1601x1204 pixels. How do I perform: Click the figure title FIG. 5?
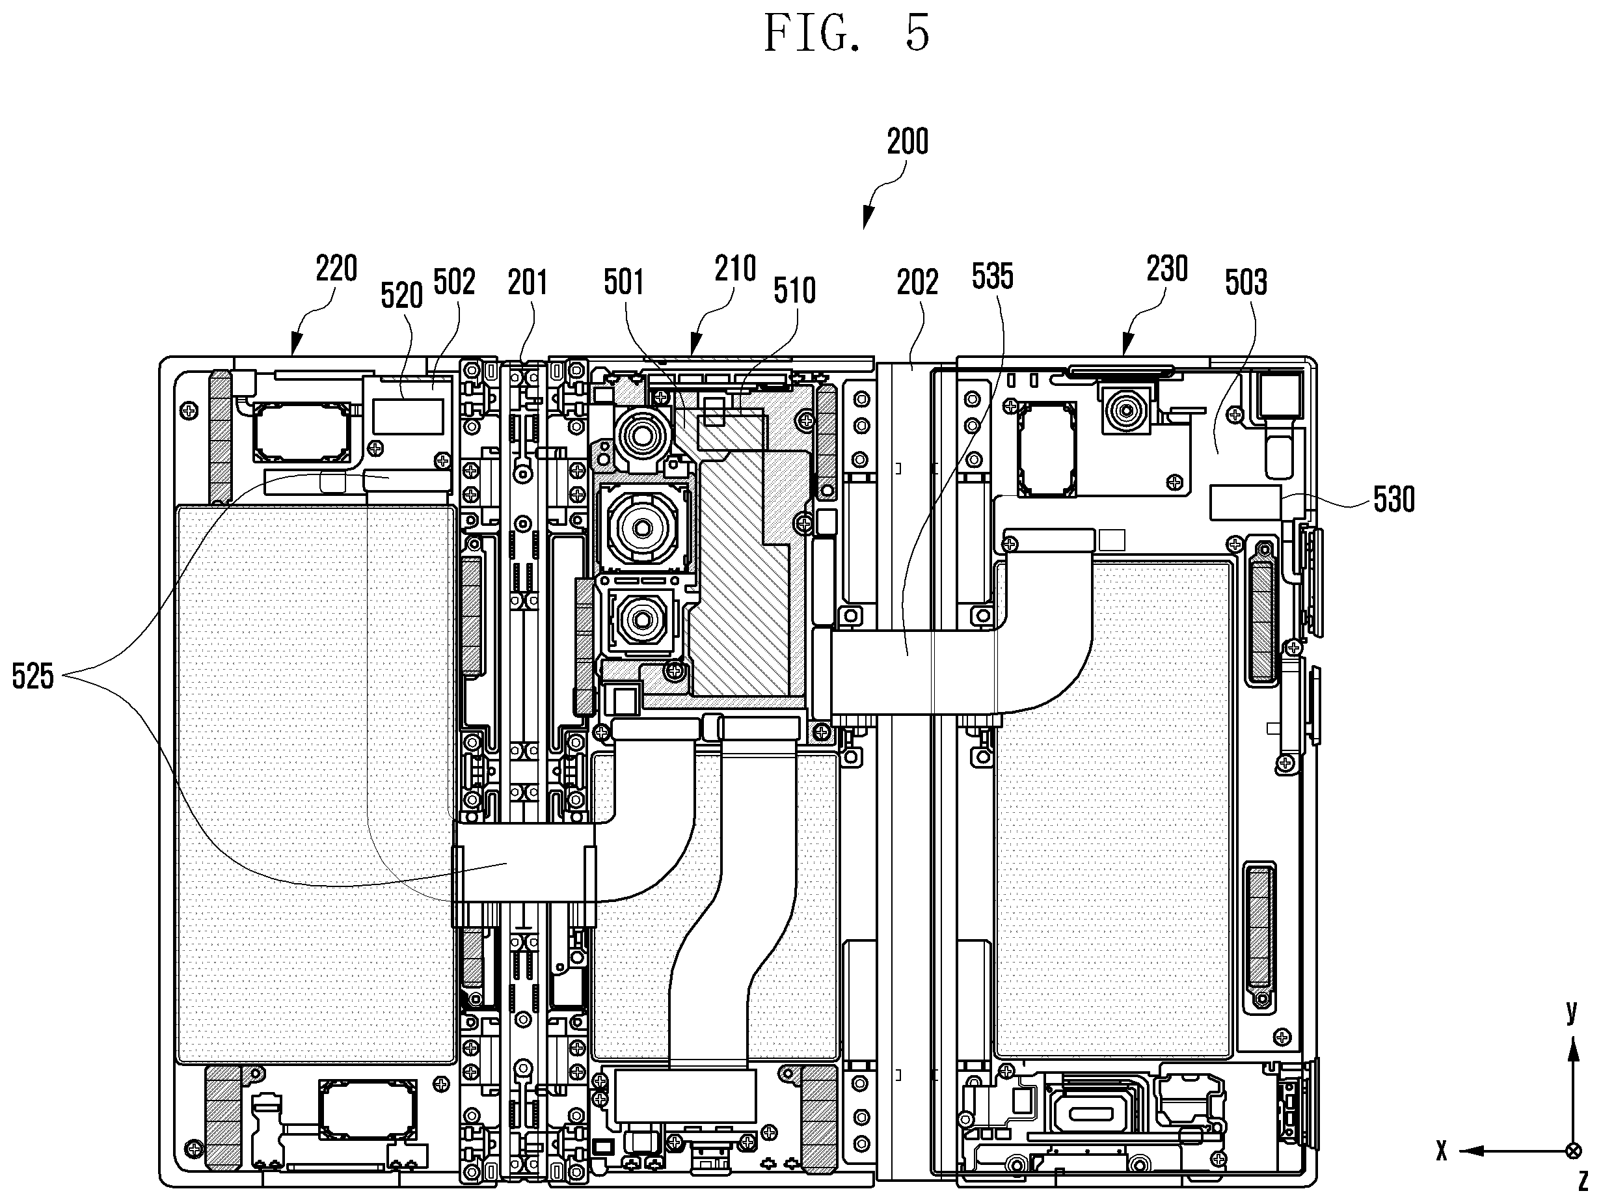pyautogui.click(x=847, y=33)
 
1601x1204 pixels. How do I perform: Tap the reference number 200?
pyautogui.click(x=908, y=142)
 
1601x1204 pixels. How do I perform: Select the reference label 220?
pyautogui.click(x=336, y=269)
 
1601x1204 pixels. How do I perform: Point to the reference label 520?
pyautogui.click(x=401, y=295)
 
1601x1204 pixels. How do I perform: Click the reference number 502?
pyautogui.click(x=455, y=282)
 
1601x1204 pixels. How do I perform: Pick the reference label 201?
pyautogui.click(x=528, y=282)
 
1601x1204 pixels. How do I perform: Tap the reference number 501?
pyautogui.click(x=624, y=282)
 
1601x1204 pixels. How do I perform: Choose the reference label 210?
pyautogui.click(x=735, y=269)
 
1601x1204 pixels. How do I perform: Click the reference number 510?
pyautogui.click(x=795, y=291)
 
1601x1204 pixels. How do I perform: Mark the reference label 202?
pyautogui.click(x=918, y=282)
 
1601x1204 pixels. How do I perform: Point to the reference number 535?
pyautogui.click(x=992, y=277)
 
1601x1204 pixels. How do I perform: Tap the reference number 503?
pyautogui.click(x=1246, y=282)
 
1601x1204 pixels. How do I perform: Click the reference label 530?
pyautogui.click(x=1394, y=500)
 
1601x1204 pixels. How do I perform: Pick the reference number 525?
pyautogui.click(x=33, y=677)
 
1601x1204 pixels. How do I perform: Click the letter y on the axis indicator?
pyautogui.click(x=1571, y=1011)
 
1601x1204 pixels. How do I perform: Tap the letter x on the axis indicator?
pyautogui.click(x=1442, y=1171)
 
